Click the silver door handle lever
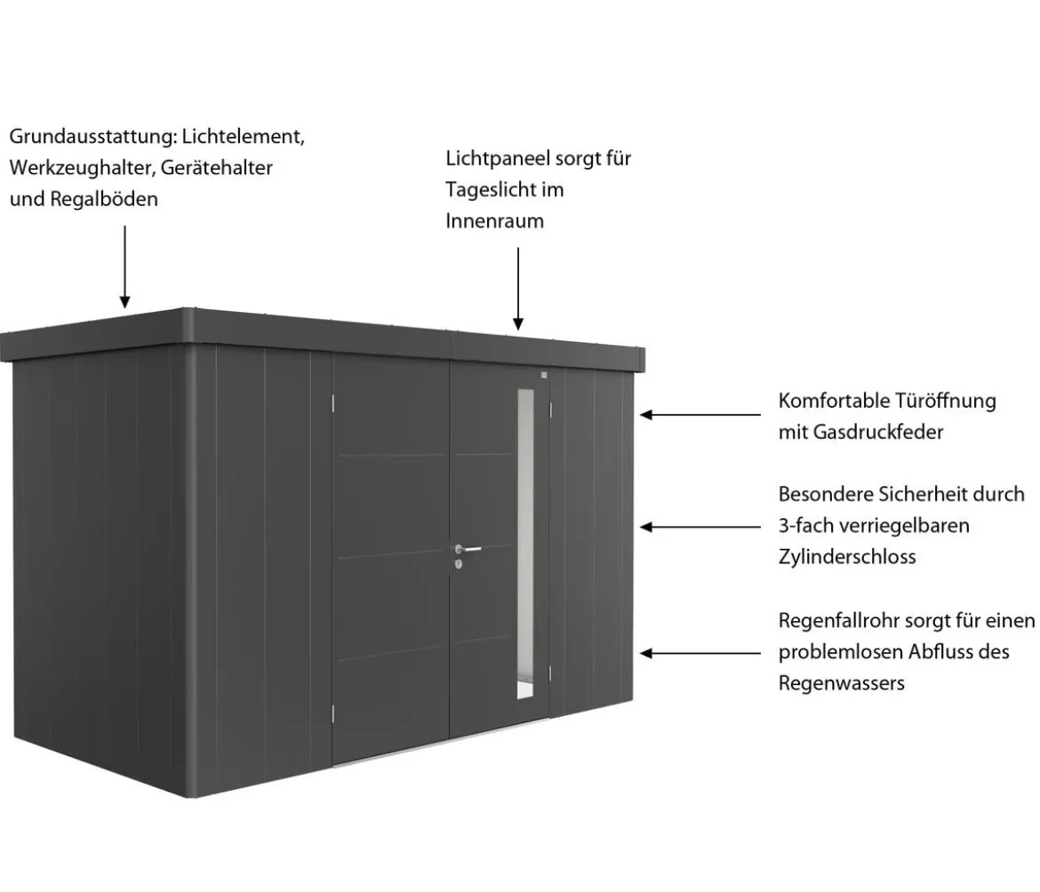click(469, 549)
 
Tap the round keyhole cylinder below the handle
click(459, 565)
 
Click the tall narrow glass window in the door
click(525, 544)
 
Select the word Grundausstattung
click(92, 137)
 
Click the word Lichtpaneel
click(498, 158)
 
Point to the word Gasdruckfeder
click(878, 432)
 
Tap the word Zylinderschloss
click(847, 557)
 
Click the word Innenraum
click(495, 220)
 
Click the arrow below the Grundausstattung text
click(124, 267)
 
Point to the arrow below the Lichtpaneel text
click(518, 289)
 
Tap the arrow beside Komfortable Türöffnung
click(700, 415)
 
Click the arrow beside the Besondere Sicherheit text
click(700, 527)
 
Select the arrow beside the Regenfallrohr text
click(700, 653)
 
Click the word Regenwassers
click(842, 683)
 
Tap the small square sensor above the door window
click(544, 375)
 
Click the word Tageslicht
click(490, 189)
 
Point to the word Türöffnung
click(946, 401)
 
